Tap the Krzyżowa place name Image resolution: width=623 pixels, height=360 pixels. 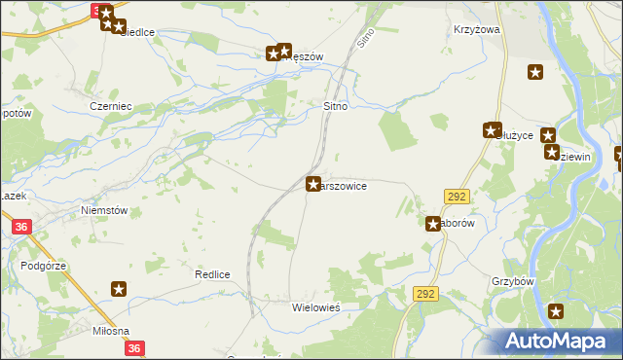coord(476,30)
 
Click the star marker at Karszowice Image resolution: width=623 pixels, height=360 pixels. coord(313,183)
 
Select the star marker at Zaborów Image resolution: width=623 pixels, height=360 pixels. coord(433,224)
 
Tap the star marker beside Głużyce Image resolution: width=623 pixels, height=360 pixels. coord(491,129)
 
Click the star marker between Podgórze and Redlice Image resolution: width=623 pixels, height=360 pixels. coord(119,288)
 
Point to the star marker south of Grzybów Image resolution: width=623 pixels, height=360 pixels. coord(556,311)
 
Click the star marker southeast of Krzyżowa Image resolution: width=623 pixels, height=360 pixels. coord(534,71)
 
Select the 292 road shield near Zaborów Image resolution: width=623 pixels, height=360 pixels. coord(457,197)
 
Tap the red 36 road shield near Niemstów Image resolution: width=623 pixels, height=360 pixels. coord(21,227)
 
